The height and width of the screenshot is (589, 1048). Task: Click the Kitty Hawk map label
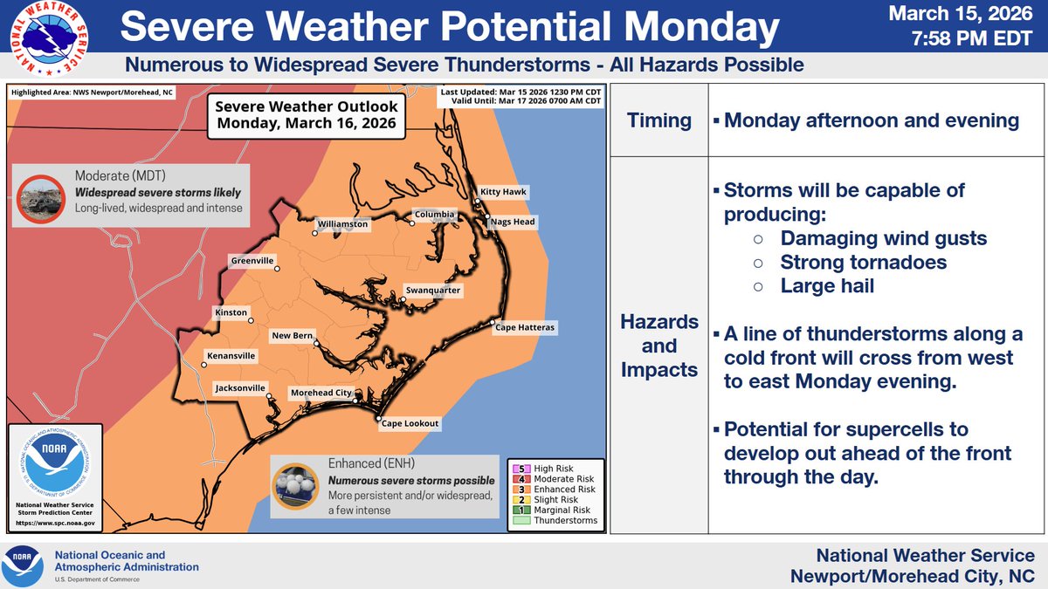point(504,192)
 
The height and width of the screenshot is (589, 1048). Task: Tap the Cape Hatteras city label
point(527,327)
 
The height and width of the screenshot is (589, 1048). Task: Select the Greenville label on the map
point(252,260)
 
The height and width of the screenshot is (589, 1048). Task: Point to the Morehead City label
point(321,393)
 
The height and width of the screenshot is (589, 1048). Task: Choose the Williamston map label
point(343,224)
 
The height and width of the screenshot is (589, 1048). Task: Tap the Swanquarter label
point(433,291)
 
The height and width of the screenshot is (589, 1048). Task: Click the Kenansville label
point(231,356)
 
